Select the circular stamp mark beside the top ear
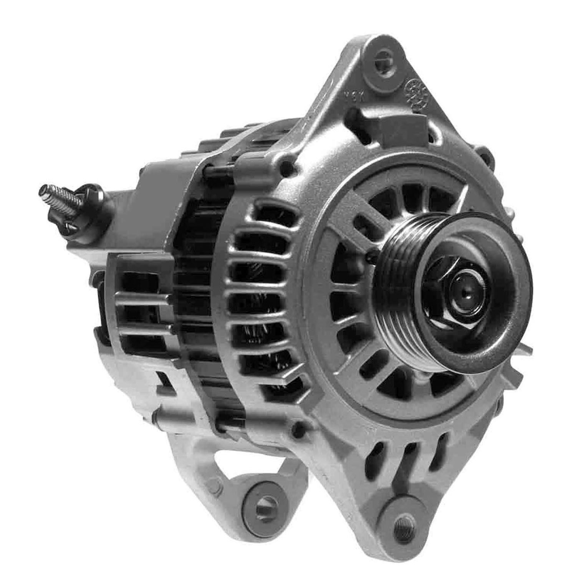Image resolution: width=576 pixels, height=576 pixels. tap(415, 92)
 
